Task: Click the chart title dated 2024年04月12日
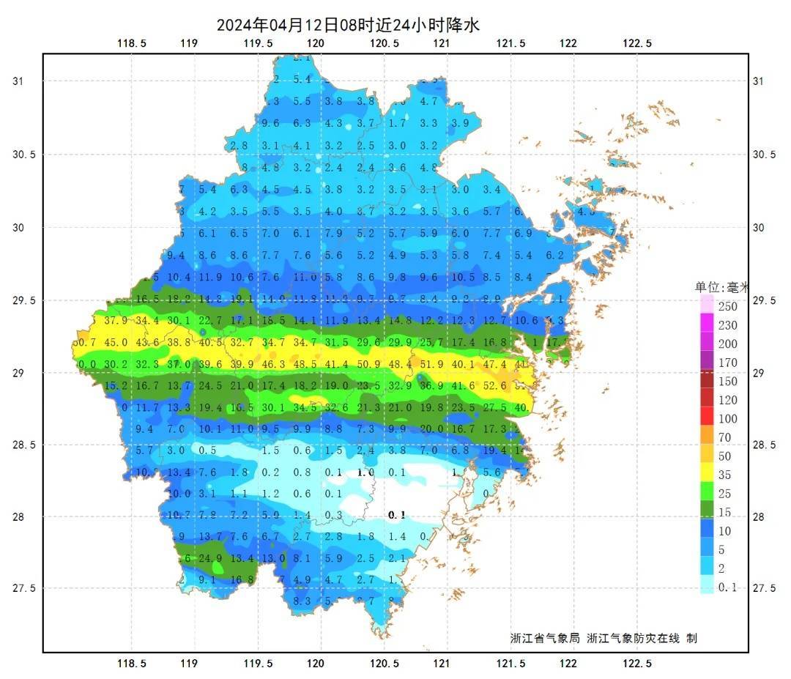(348, 24)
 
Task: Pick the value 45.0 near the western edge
(116, 342)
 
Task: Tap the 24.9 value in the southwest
(210, 559)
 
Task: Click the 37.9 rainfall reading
(116, 320)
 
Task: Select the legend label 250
(727, 306)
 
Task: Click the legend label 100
(727, 419)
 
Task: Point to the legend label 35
(724, 475)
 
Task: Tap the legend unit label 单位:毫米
(721, 288)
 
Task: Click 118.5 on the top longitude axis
(132, 43)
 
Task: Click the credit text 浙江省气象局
(544, 638)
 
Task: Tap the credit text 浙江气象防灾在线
(634, 638)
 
